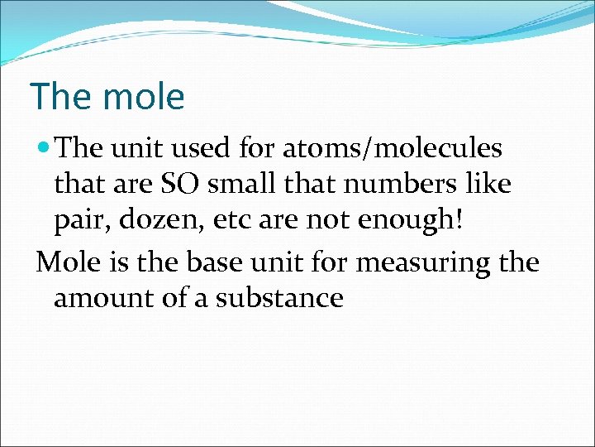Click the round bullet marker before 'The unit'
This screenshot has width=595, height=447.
point(45,149)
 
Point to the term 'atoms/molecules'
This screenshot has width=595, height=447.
point(393,149)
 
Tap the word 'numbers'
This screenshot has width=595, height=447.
point(406,184)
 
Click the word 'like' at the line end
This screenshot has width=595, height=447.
point(490,184)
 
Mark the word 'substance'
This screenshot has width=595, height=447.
point(279,297)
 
